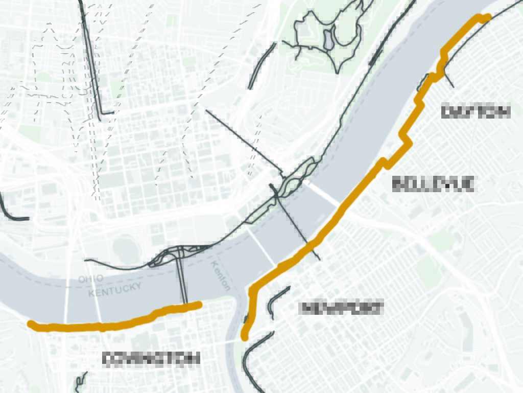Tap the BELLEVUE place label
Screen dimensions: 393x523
click(434, 183)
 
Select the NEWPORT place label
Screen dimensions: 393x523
click(341, 308)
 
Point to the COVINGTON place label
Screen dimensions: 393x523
click(151, 359)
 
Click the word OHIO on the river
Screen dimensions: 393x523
click(91, 279)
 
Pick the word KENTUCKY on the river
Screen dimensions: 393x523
click(115, 289)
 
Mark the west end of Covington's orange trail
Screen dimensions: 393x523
click(31, 323)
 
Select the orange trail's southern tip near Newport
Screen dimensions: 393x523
click(245, 337)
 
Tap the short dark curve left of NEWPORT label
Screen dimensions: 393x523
click(276, 299)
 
